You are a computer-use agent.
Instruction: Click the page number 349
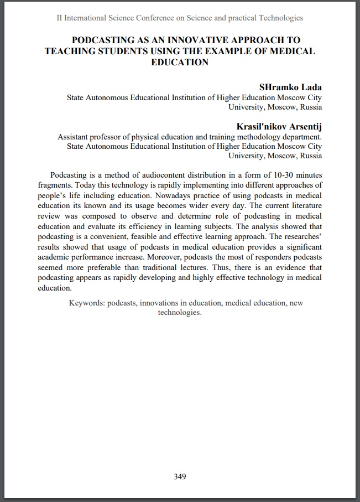tap(180, 477)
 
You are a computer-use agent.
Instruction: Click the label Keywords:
tap(87, 303)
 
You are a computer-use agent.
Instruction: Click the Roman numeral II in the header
tap(60, 18)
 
